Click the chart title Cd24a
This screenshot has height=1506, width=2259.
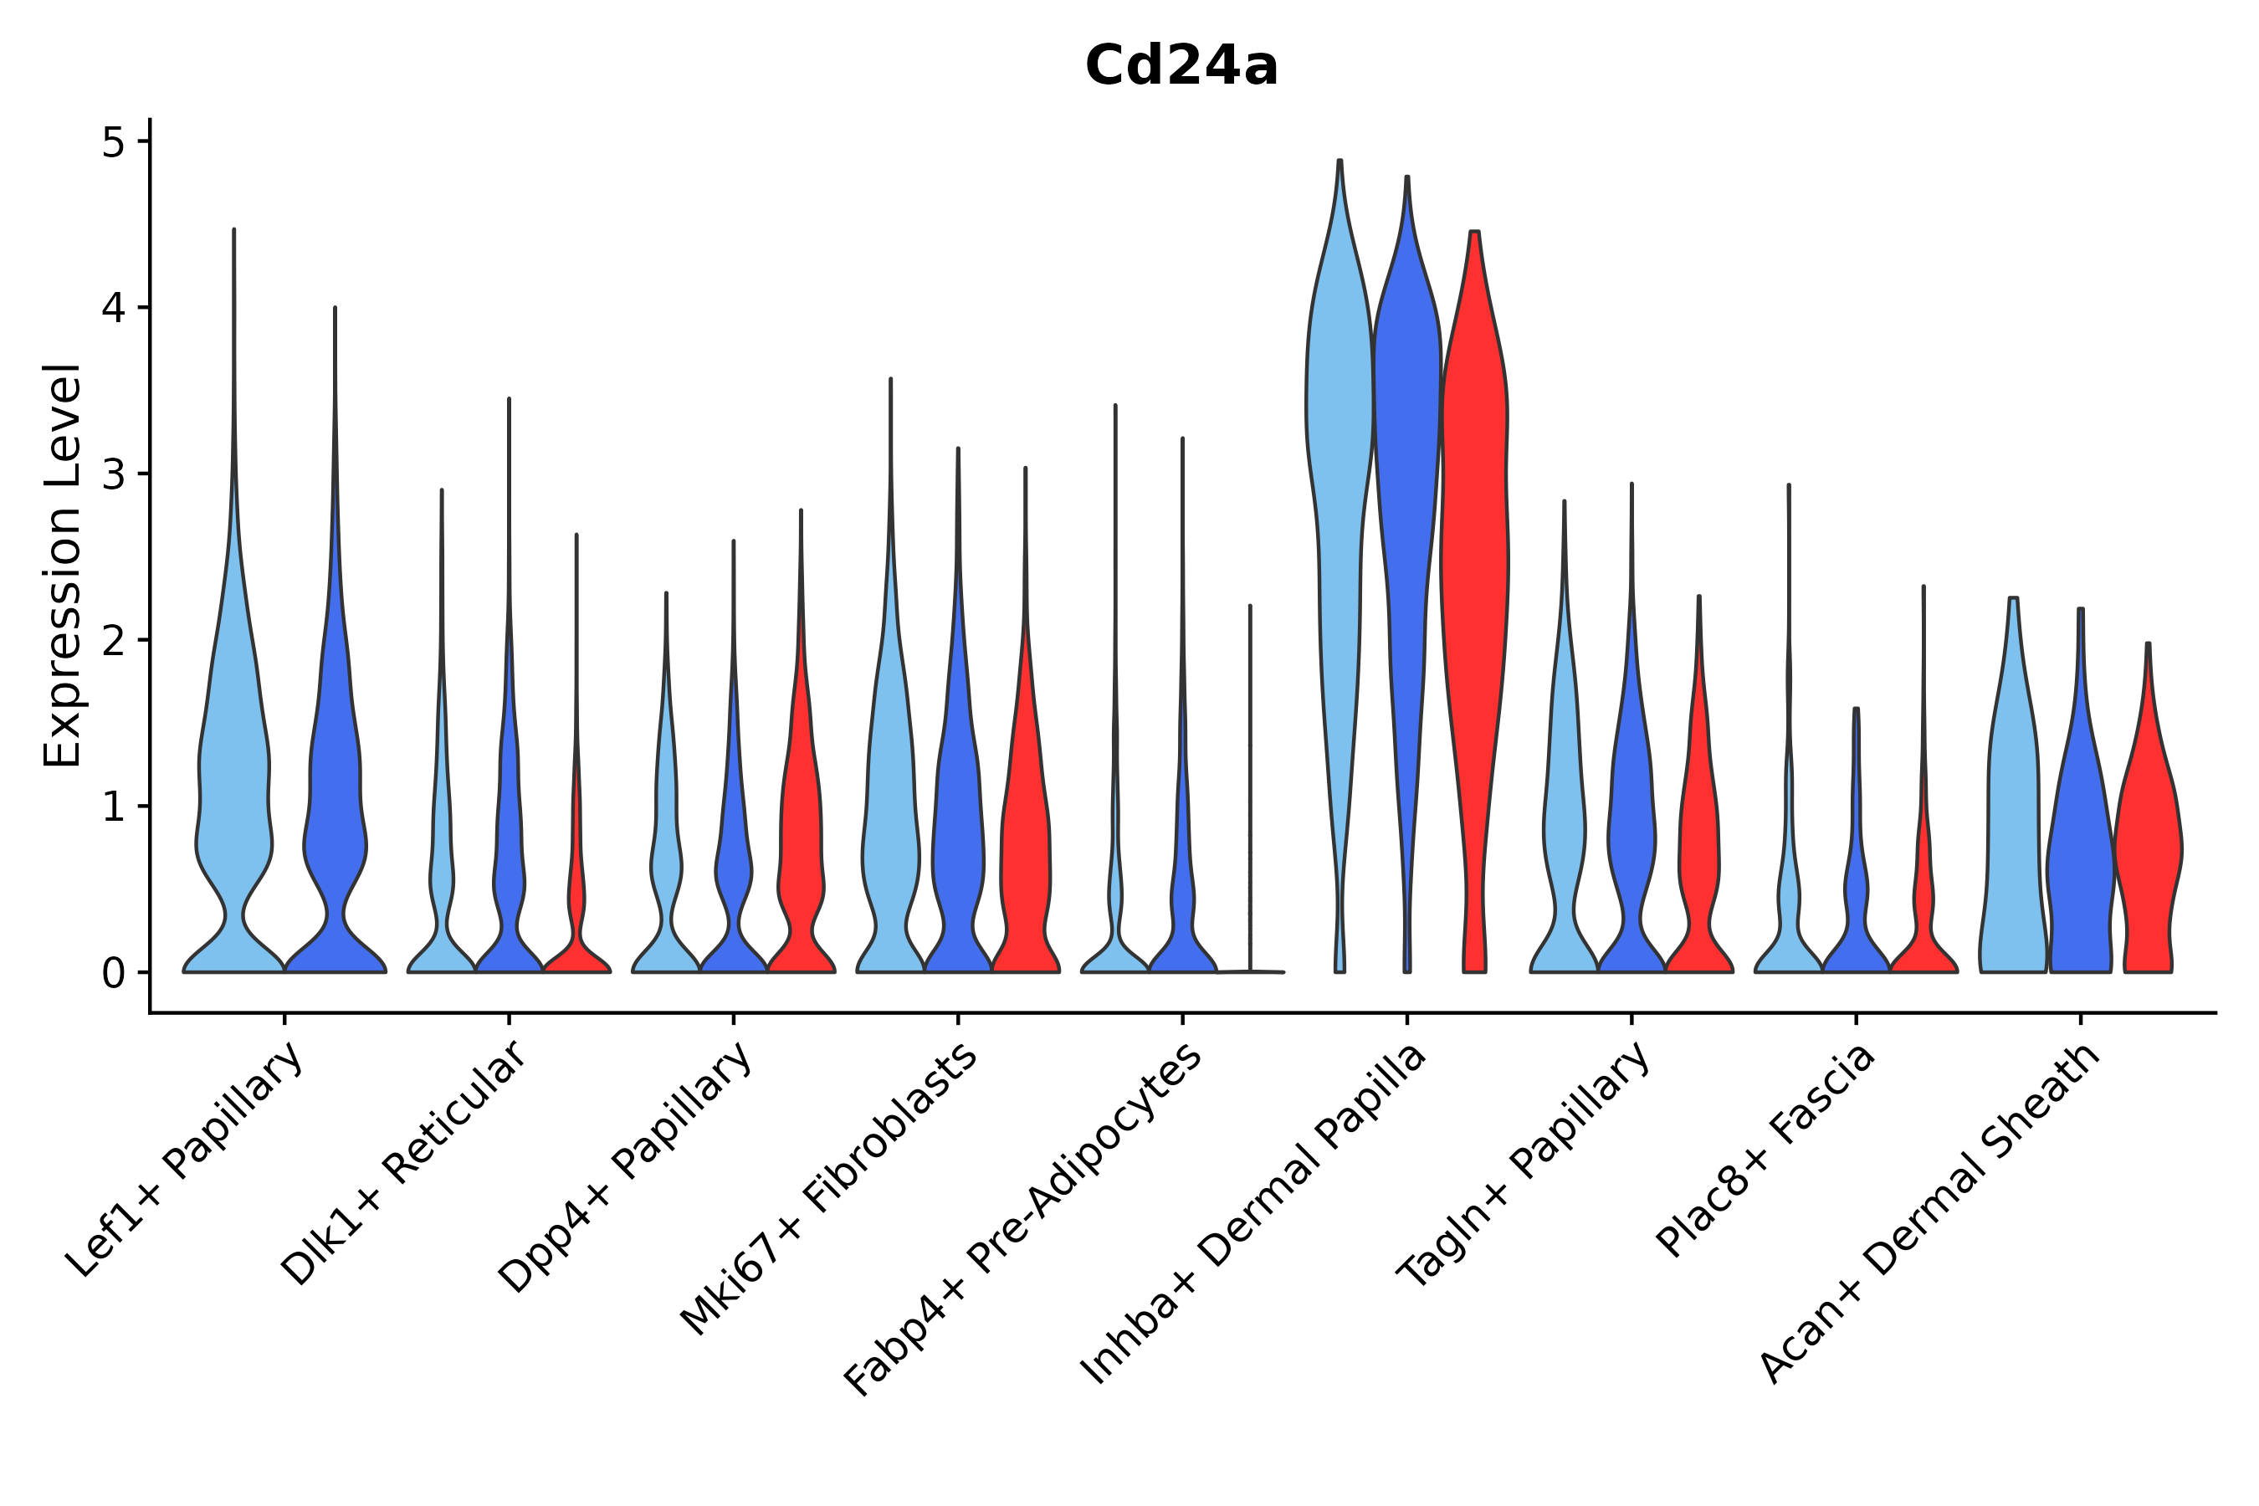coord(1181,66)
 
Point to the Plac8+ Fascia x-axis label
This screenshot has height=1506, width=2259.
coord(1766,1150)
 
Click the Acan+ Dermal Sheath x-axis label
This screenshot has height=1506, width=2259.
coord(1930,1214)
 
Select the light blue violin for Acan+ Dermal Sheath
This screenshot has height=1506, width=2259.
coord(2013,817)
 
